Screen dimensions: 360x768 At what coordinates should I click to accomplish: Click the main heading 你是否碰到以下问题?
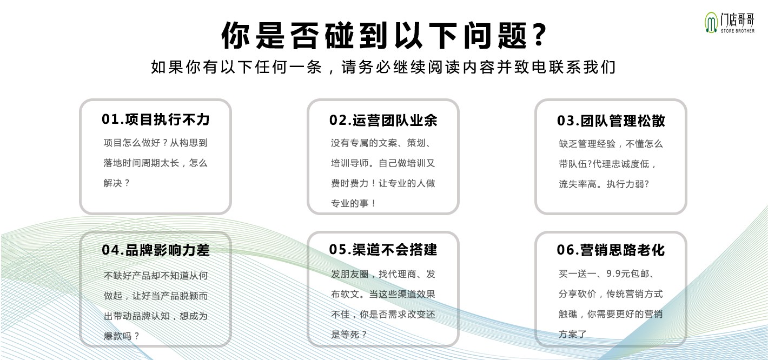[x=384, y=36]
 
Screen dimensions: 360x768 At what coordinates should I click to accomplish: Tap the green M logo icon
[x=711, y=23]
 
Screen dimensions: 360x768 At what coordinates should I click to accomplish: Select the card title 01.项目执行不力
[x=156, y=119]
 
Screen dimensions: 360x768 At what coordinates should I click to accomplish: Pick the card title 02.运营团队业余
[x=383, y=120]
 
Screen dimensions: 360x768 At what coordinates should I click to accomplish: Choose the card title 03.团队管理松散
[x=611, y=121]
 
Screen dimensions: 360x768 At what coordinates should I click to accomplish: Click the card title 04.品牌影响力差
[x=156, y=250]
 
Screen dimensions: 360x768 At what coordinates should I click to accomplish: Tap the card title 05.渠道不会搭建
[x=383, y=249]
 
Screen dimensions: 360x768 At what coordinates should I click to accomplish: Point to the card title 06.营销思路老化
[x=611, y=250]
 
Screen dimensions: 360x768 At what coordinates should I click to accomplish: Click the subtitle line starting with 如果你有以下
[x=383, y=68]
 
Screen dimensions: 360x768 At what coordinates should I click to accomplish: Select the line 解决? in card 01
[x=117, y=183]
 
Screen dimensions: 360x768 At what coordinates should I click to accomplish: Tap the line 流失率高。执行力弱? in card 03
[x=604, y=184]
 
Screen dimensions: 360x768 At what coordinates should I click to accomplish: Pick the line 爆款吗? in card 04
[x=122, y=336]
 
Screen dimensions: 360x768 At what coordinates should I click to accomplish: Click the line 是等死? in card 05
[x=349, y=335]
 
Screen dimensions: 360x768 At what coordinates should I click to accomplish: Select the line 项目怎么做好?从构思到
[x=156, y=143]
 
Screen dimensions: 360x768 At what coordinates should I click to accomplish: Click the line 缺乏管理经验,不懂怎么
[x=611, y=144]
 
